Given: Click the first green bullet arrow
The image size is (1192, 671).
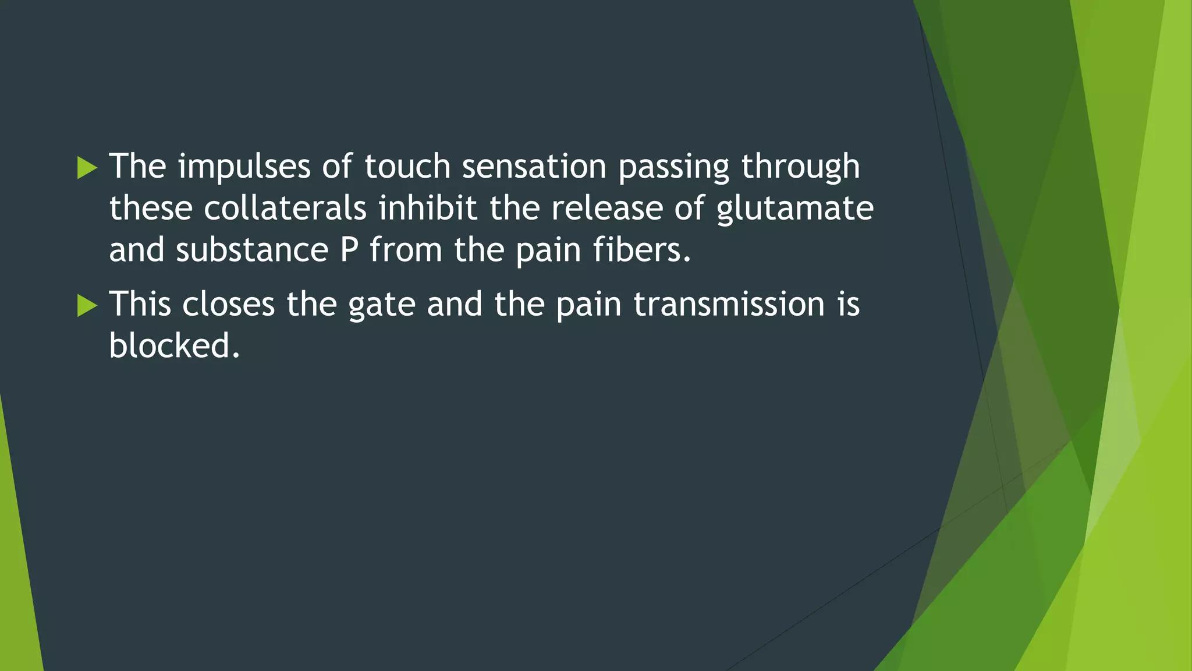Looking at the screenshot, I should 87,168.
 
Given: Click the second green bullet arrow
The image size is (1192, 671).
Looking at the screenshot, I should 87,306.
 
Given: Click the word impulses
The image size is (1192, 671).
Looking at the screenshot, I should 244,167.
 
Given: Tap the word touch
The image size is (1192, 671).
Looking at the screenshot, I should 407,167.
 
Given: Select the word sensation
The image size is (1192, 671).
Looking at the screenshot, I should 534,167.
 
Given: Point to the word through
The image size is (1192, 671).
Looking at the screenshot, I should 800,168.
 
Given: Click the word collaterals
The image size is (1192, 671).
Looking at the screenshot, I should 285,209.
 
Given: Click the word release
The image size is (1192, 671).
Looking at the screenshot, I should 607,209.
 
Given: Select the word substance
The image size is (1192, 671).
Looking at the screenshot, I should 252,250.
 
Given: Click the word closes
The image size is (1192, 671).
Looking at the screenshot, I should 228,305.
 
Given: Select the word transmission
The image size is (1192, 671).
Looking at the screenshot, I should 729,305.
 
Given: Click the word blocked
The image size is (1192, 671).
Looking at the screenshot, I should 173,346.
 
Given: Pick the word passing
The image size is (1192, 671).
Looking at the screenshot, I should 673,168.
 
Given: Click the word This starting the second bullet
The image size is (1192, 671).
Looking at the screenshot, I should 140,305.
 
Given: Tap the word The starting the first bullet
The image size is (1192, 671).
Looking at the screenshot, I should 138,167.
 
